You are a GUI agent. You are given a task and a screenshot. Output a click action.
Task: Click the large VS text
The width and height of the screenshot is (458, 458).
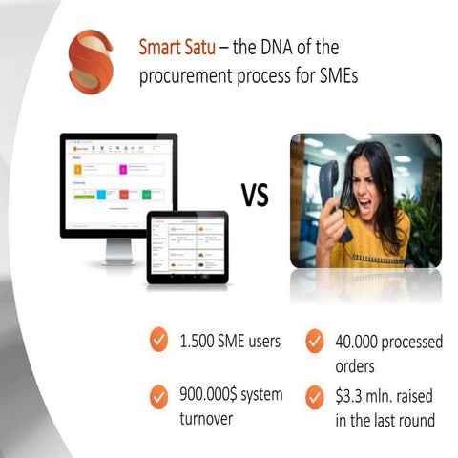click(x=255, y=197)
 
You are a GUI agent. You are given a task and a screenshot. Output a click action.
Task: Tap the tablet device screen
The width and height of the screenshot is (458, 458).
click(x=187, y=246)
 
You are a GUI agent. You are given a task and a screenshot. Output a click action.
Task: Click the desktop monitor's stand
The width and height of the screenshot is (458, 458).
click(x=120, y=251)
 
